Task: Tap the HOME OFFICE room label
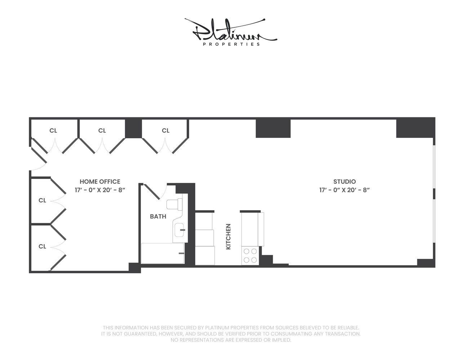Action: click(100, 182)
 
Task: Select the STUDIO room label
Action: click(345, 182)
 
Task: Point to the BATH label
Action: click(158, 216)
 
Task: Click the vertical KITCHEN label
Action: click(228, 237)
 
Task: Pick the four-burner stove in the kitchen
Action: click(250, 256)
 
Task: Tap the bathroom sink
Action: click(179, 230)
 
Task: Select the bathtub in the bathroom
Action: click(163, 253)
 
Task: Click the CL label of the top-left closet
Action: click(53, 131)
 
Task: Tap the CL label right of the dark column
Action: click(166, 131)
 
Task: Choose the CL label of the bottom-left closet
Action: click(43, 247)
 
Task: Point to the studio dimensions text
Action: click(345, 190)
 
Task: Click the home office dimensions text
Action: click(100, 190)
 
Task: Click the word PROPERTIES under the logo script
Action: click(231, 44)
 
